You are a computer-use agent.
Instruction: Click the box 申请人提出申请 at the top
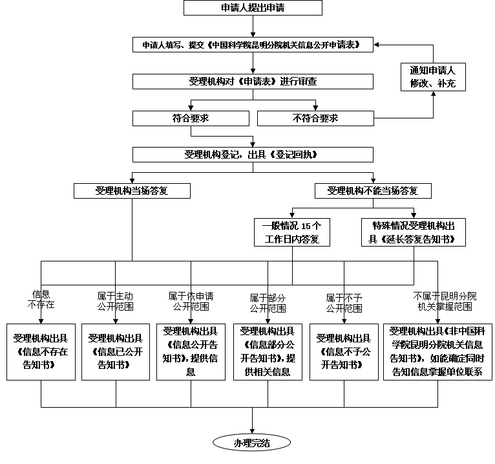pos(253,8)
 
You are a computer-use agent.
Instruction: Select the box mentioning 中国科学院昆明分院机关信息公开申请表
pos(253,45)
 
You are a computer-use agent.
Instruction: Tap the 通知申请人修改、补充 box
pos(433,77)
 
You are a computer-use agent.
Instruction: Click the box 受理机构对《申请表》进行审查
pos(253,82)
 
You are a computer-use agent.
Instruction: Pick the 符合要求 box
pos(191,118)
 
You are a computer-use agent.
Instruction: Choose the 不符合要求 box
pos(315,118)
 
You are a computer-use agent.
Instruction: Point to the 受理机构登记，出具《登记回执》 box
pos(253,155)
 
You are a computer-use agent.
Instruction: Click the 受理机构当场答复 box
pos(132,191)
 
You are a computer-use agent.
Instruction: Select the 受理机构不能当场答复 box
pos(373,191)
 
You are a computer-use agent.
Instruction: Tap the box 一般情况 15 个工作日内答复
pos(291,232)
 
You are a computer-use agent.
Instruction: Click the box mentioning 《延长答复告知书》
pos(413,232)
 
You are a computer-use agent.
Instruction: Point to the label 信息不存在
pos(41,299)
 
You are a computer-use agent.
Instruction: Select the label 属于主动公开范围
pos(115,302)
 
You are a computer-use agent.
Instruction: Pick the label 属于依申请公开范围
pos(192,301)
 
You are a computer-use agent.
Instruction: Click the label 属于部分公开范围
pos(268,303)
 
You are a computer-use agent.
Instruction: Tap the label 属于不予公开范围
pos(344,303)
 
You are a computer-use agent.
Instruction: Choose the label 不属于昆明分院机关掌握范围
pos(445,302)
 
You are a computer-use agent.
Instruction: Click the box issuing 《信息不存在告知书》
pos(41,351)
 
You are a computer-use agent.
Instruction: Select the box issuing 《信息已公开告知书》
pos(116,351)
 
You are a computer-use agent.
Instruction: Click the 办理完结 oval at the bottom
pos(252,443)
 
